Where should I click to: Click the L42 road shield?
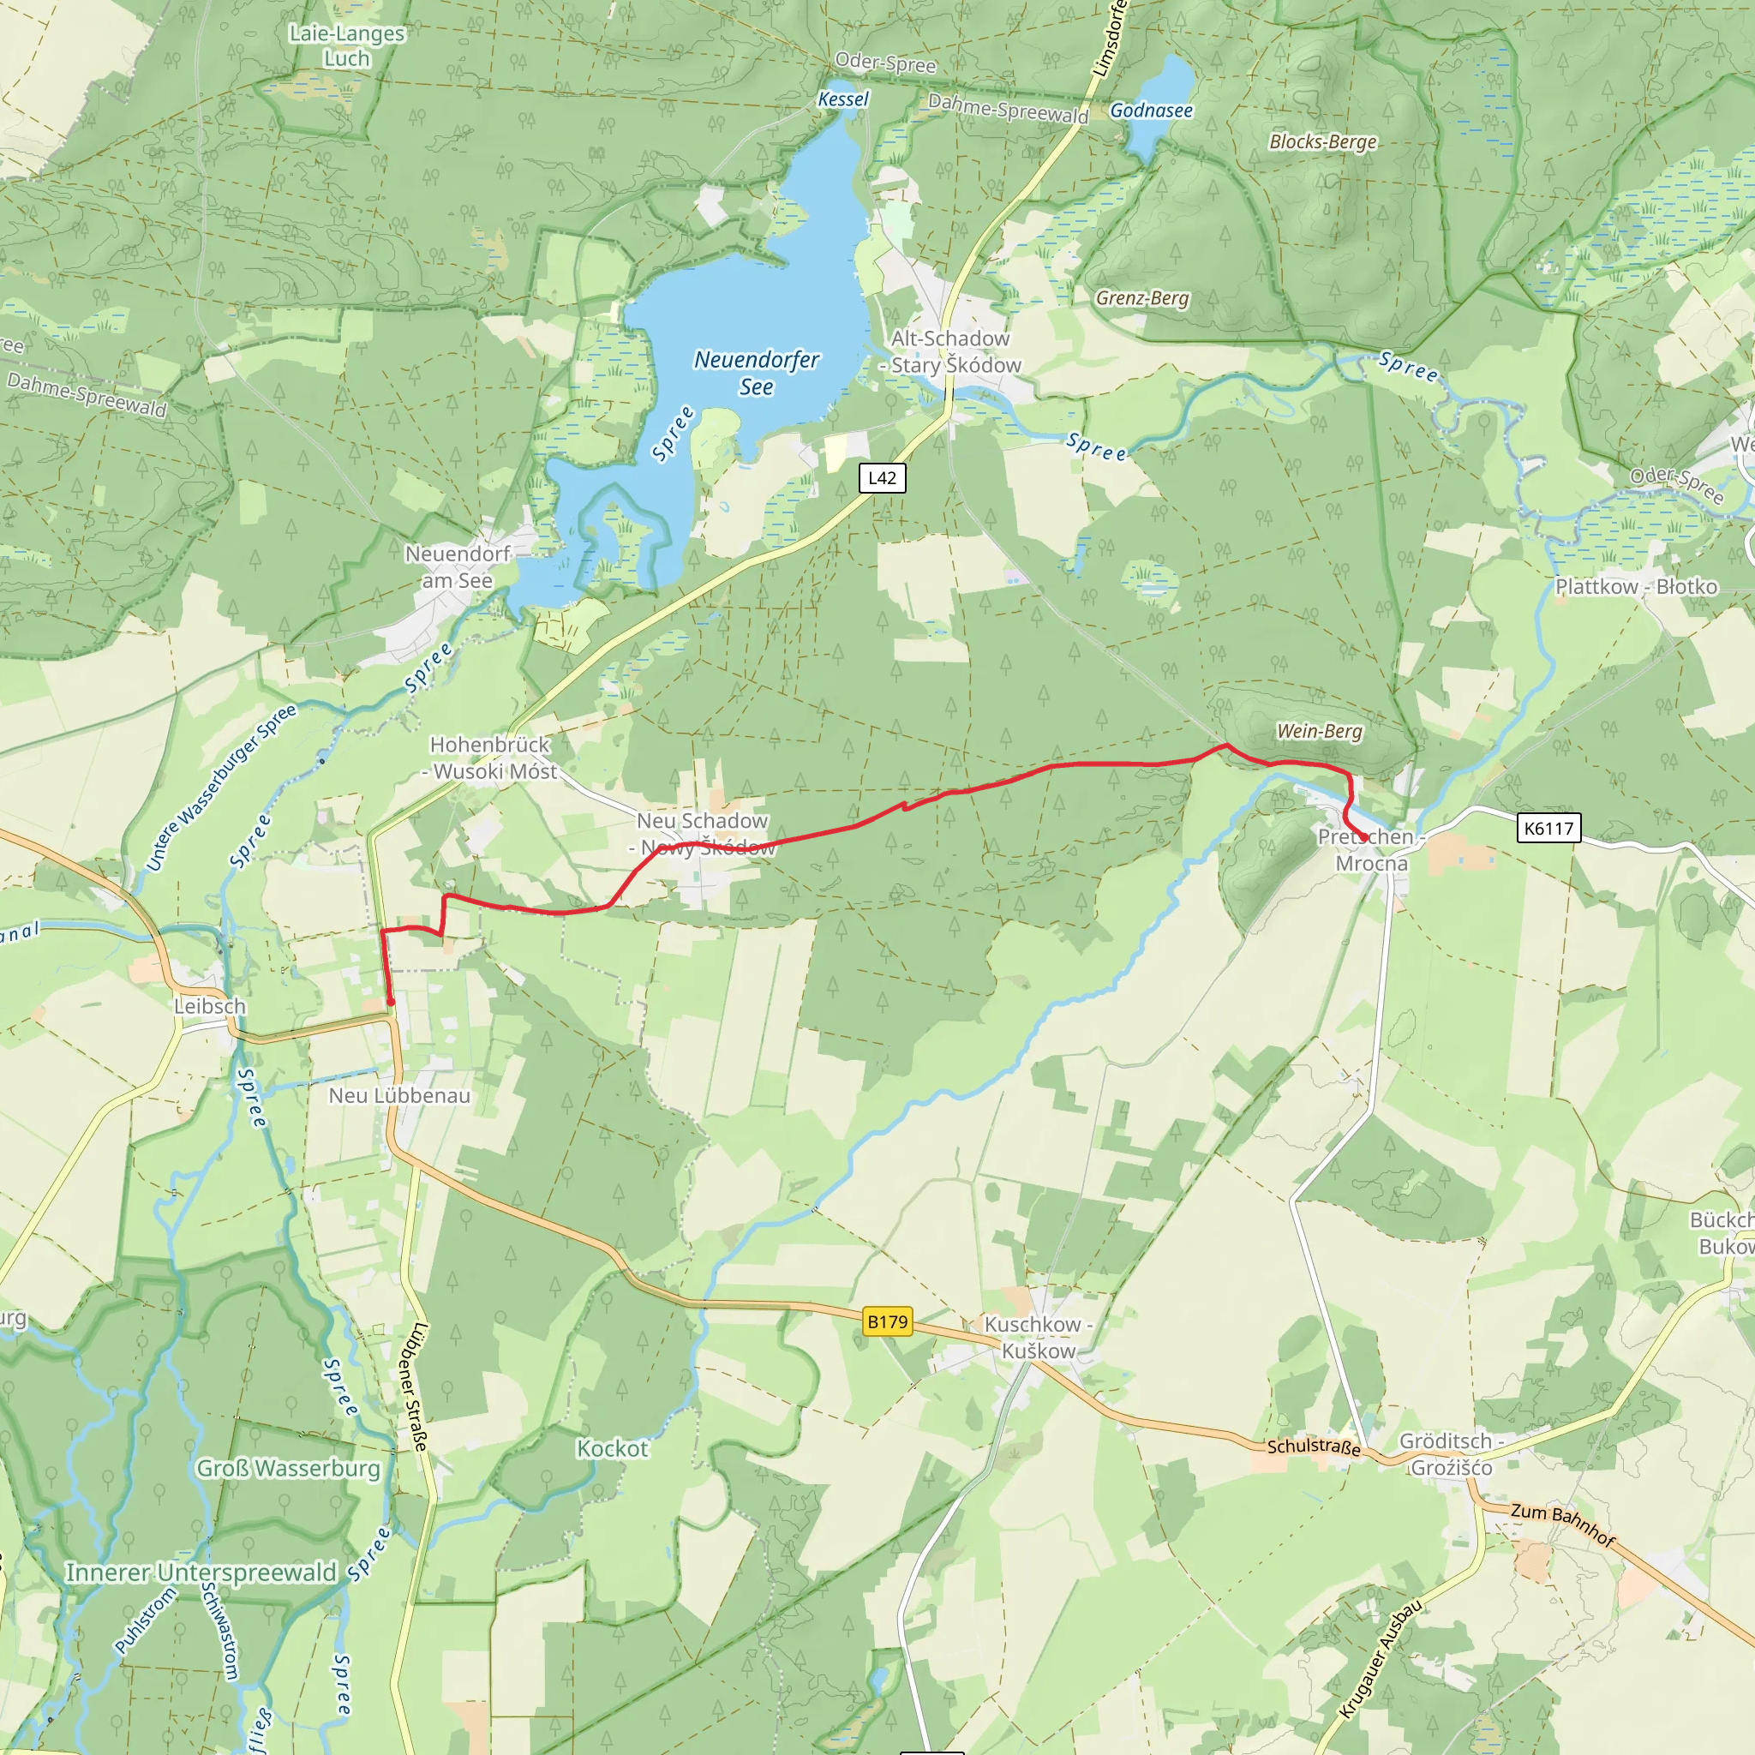click(882, 478)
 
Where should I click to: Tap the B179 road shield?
click(887, 1321)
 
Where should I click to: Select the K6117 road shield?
click(1548, 828)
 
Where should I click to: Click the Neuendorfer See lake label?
click(757, 374)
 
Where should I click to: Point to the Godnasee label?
click(1151, 111)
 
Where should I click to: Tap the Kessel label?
click(843, 99)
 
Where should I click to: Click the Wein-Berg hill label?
click(1319, 731)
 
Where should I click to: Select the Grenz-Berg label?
click(1141, 298)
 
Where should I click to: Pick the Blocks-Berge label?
click(1322, 141)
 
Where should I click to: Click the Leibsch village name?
click(210, 1007)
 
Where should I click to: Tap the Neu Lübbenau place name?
click(399, 1095)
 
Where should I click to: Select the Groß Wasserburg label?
click(288, 1468)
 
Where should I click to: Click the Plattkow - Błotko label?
click(1636, 587)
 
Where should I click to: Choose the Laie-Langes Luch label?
click(347, 45)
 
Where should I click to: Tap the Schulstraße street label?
click(1314, 1447)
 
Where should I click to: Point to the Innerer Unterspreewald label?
click(201, 1572)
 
